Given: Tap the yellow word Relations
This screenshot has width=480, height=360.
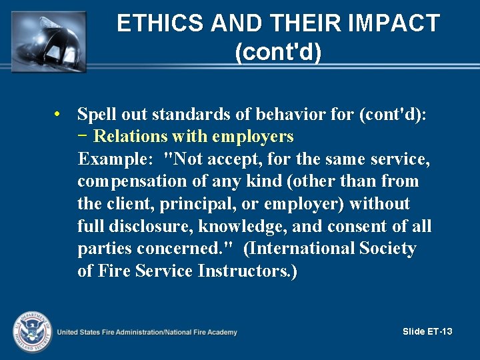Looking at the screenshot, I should tap(131, 137).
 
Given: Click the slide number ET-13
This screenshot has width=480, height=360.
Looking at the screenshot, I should tap(440, 331).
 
